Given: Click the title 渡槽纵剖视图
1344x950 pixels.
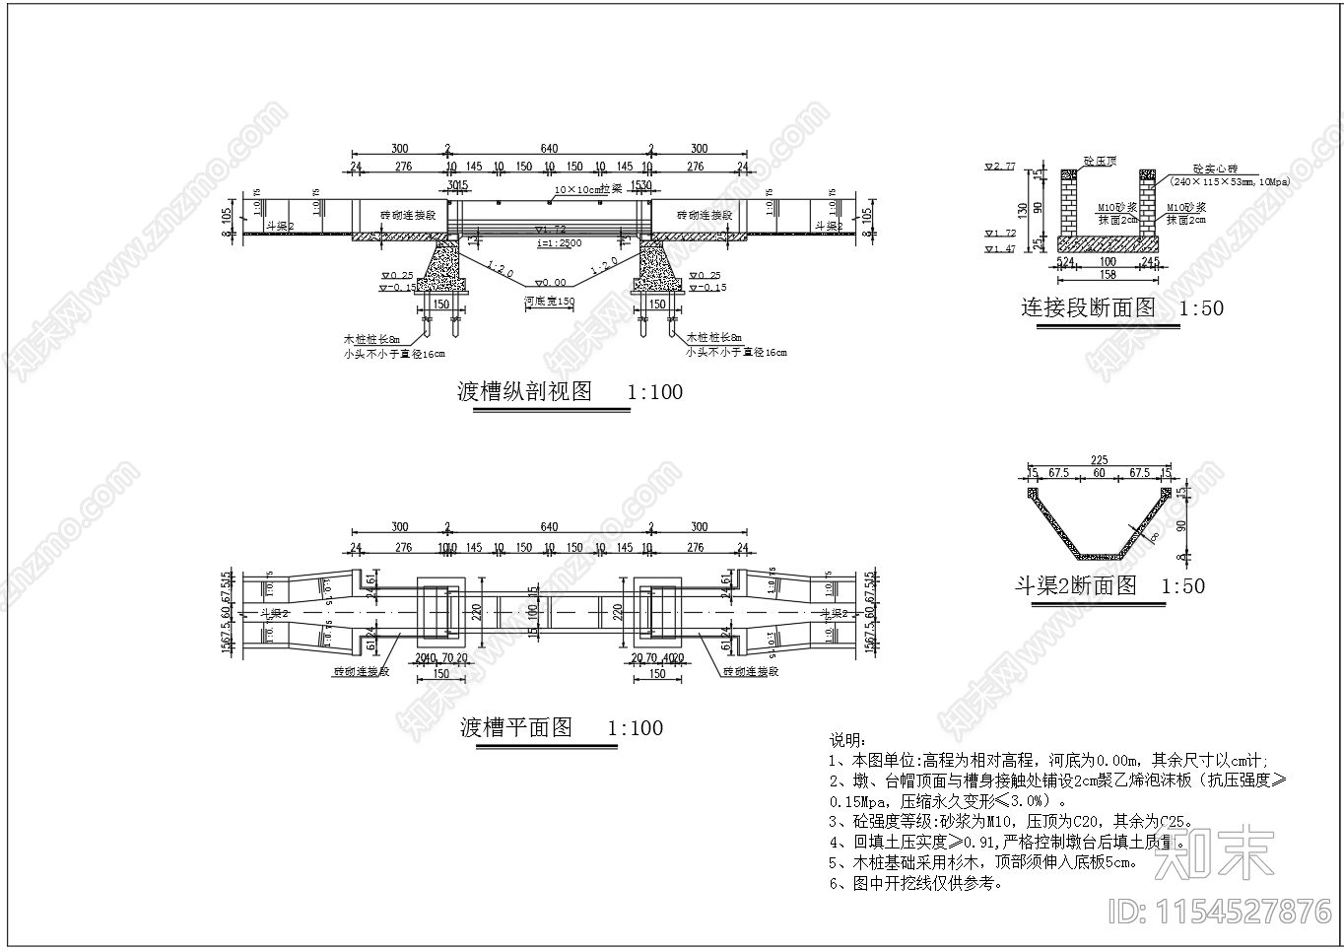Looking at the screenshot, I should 525,392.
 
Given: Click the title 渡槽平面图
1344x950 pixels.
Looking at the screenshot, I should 516,728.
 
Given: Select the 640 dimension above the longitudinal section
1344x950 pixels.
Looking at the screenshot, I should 549,149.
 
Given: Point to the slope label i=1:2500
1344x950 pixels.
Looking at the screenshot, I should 558,242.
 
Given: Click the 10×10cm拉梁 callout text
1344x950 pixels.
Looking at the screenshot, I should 587,188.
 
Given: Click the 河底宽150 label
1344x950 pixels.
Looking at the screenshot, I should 549,302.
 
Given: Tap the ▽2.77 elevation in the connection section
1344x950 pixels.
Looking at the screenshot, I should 999,167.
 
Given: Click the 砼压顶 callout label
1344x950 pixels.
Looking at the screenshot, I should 1100,160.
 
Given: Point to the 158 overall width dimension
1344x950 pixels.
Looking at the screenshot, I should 1108,275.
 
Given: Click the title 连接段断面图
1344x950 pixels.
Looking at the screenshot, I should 1088,307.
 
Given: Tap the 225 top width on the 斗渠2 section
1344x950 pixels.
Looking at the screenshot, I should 1099,459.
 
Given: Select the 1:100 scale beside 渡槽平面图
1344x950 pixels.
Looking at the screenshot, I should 635,728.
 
